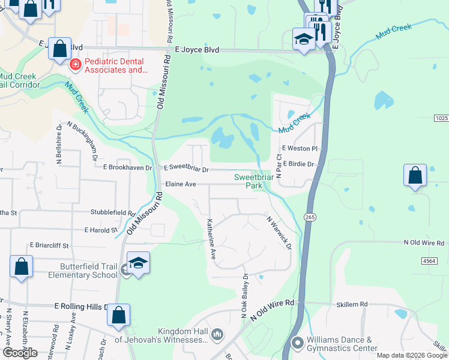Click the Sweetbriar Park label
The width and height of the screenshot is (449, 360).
point(249,181)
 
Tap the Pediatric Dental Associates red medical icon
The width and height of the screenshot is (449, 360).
point(75,65)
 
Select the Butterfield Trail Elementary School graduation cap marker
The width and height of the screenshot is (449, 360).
point(138,264)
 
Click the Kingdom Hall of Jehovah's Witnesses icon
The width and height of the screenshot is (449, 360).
point(217,333)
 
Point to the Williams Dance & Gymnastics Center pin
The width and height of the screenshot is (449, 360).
point(297,343)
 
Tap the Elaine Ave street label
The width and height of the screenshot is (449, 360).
point(181,184)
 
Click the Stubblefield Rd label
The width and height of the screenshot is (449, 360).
point(113,212)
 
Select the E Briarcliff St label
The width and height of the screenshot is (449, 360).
point(50,245)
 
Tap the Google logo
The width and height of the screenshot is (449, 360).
point(19,353)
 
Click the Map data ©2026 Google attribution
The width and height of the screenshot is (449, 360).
point(412,355)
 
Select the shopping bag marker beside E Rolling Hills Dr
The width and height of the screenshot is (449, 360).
point(119,314)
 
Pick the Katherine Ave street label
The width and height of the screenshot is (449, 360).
point(211,239)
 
